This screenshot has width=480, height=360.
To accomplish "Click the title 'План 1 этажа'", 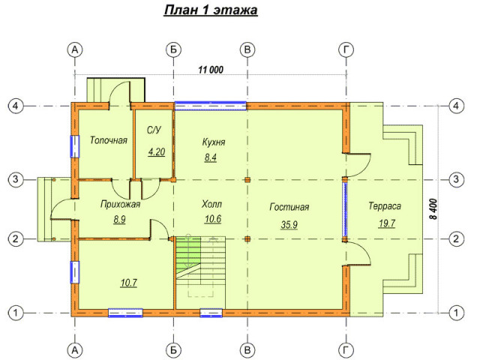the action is pyautogui.click(x=211, y=10).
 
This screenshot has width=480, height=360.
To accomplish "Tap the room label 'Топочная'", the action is pyautogui.click(x=108, y=140).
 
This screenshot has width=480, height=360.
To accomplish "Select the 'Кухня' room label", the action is pyautogui.click(x=214, y=142).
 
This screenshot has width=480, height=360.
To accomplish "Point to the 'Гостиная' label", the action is pyautogui.click(x=289, y=207).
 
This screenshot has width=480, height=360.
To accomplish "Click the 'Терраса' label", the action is pyautogui.click(x=385, y=206).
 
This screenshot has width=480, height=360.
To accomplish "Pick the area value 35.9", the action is pyautogui.click(x=289, y=225).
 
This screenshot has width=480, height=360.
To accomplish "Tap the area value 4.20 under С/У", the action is pyautogui.click(x=157, y=151).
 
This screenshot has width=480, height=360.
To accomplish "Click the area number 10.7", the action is pyautogui.click(x=128, y=283).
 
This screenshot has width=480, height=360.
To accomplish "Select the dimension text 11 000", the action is pyautogui.click(x=211, y=70).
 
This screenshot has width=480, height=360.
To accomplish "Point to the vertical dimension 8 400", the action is pyautogui.click(x=433, y=209).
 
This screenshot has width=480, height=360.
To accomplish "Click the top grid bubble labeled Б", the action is pyautogui.click(x=173, y=49).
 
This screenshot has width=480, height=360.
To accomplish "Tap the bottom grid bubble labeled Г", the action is pyautogui.click(x=346, y=350).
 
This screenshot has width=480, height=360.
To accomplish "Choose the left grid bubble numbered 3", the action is pyautogui.click(x=16, y=179).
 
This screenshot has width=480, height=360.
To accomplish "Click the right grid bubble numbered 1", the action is pyautogui.click(x=456, y=313).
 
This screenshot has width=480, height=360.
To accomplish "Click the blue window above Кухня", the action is pyautogui.click(x=210, y=106).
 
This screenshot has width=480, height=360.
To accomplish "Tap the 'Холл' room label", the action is pyautogui.click(x=211, y=204).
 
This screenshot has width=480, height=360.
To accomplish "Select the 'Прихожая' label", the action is pyautogui.click(x=120, y=204).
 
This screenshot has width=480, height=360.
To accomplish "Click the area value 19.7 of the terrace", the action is pyautogui.click(x=387, y=223).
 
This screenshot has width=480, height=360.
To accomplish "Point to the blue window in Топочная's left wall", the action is pyautogui.click(x=75, y=146).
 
